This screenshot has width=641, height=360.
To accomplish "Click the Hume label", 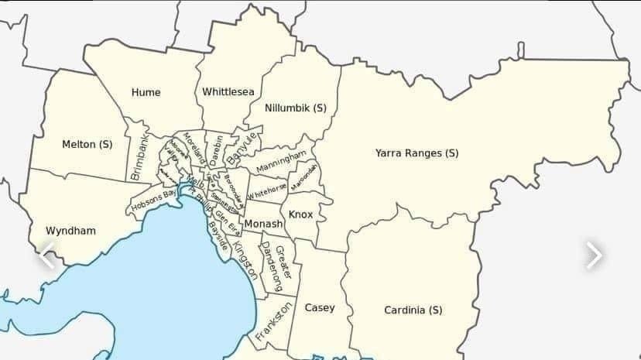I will tap(146, 92).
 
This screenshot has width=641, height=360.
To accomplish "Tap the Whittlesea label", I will tap(228, 92).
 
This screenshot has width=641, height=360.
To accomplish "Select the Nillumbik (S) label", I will tap(295, 108).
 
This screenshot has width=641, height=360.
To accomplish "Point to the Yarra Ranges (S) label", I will tap(416, 153).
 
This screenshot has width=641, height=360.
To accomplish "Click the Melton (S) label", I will tap(87, 144).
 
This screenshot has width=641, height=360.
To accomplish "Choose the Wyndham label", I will tap(70, 231).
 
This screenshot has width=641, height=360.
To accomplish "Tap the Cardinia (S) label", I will tap(413, 310).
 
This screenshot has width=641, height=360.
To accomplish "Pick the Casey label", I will tap(319, 307).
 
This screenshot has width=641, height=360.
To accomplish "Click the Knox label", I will tap(300, 214).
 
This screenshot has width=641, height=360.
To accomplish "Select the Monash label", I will tap(263, 224).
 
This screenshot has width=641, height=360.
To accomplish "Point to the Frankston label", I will tap(274, 322).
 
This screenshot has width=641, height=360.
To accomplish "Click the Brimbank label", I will tap(139, 159).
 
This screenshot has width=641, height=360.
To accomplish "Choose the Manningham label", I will tap(276, 163).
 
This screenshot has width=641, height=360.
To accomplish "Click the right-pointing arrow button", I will tap(593, 255).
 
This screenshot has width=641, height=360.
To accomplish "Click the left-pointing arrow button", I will tap(47, 255).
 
